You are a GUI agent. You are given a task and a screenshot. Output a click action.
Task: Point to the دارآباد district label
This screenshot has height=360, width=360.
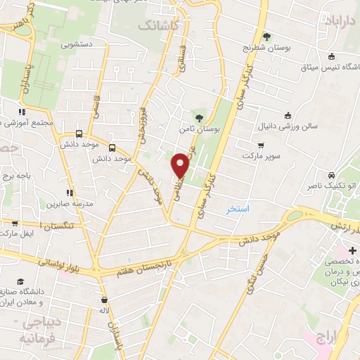340,22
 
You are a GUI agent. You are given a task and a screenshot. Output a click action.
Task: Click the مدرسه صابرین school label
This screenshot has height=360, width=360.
64,204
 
